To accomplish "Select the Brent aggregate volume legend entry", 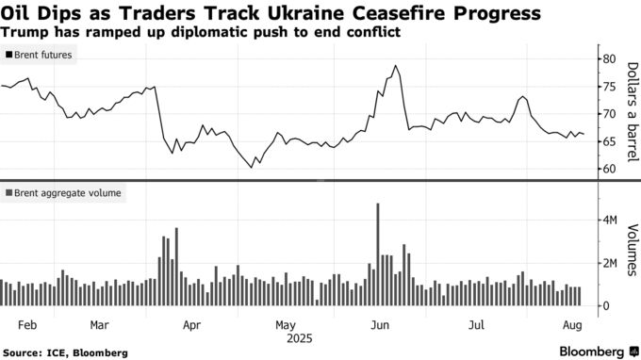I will [x=62, y=193].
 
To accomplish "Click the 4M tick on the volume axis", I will [x=612, y=221].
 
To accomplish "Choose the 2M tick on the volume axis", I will [x=612, y=263].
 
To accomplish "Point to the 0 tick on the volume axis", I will [x=607, y=305].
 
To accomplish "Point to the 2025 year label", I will [x=298, y=337].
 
